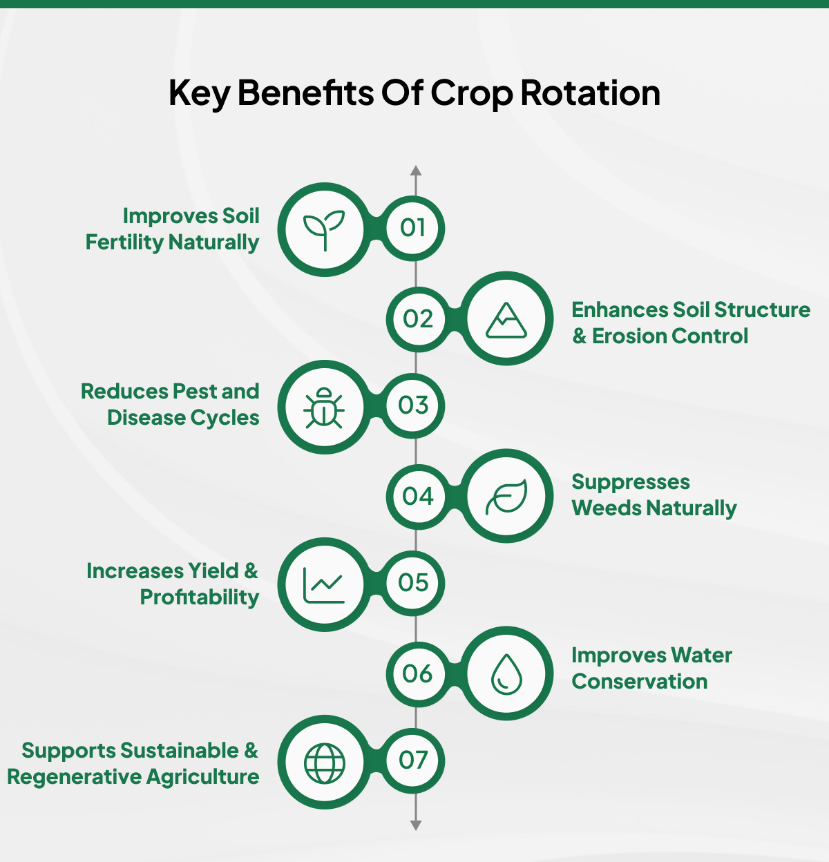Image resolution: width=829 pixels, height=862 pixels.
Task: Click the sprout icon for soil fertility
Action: [x=324, y=229]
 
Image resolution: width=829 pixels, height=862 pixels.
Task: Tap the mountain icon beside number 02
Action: [x=506, y=319]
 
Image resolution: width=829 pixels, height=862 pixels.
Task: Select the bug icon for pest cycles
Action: [x=324, y=408]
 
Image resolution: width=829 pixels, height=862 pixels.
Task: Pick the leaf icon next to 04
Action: [x=506, y=497]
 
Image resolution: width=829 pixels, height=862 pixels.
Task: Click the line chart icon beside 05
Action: [x=324, y=585]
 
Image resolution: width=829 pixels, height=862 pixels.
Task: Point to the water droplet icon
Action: [x=506, y=673]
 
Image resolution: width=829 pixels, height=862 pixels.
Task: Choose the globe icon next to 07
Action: [x=324, y=763]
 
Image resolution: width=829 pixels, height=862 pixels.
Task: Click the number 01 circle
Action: [x=413, y=228]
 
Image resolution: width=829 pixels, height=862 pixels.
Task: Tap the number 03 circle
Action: [x=413, y=405]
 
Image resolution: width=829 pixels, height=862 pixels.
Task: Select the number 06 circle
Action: [x=417, y=673]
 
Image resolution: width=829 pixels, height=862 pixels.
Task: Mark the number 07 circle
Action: [x=413, y=760]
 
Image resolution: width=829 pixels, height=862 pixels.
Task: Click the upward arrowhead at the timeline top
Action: [x=415, y=171]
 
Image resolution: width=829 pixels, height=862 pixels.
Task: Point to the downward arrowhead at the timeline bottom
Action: [x=415, y=825]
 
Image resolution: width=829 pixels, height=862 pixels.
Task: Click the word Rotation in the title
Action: [x=591, y=93]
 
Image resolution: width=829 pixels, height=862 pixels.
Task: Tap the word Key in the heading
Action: [x=198, y=94]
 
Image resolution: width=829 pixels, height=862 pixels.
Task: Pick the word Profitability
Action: [x=200, y=597]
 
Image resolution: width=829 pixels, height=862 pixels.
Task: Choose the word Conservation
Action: [x=640, y=682]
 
